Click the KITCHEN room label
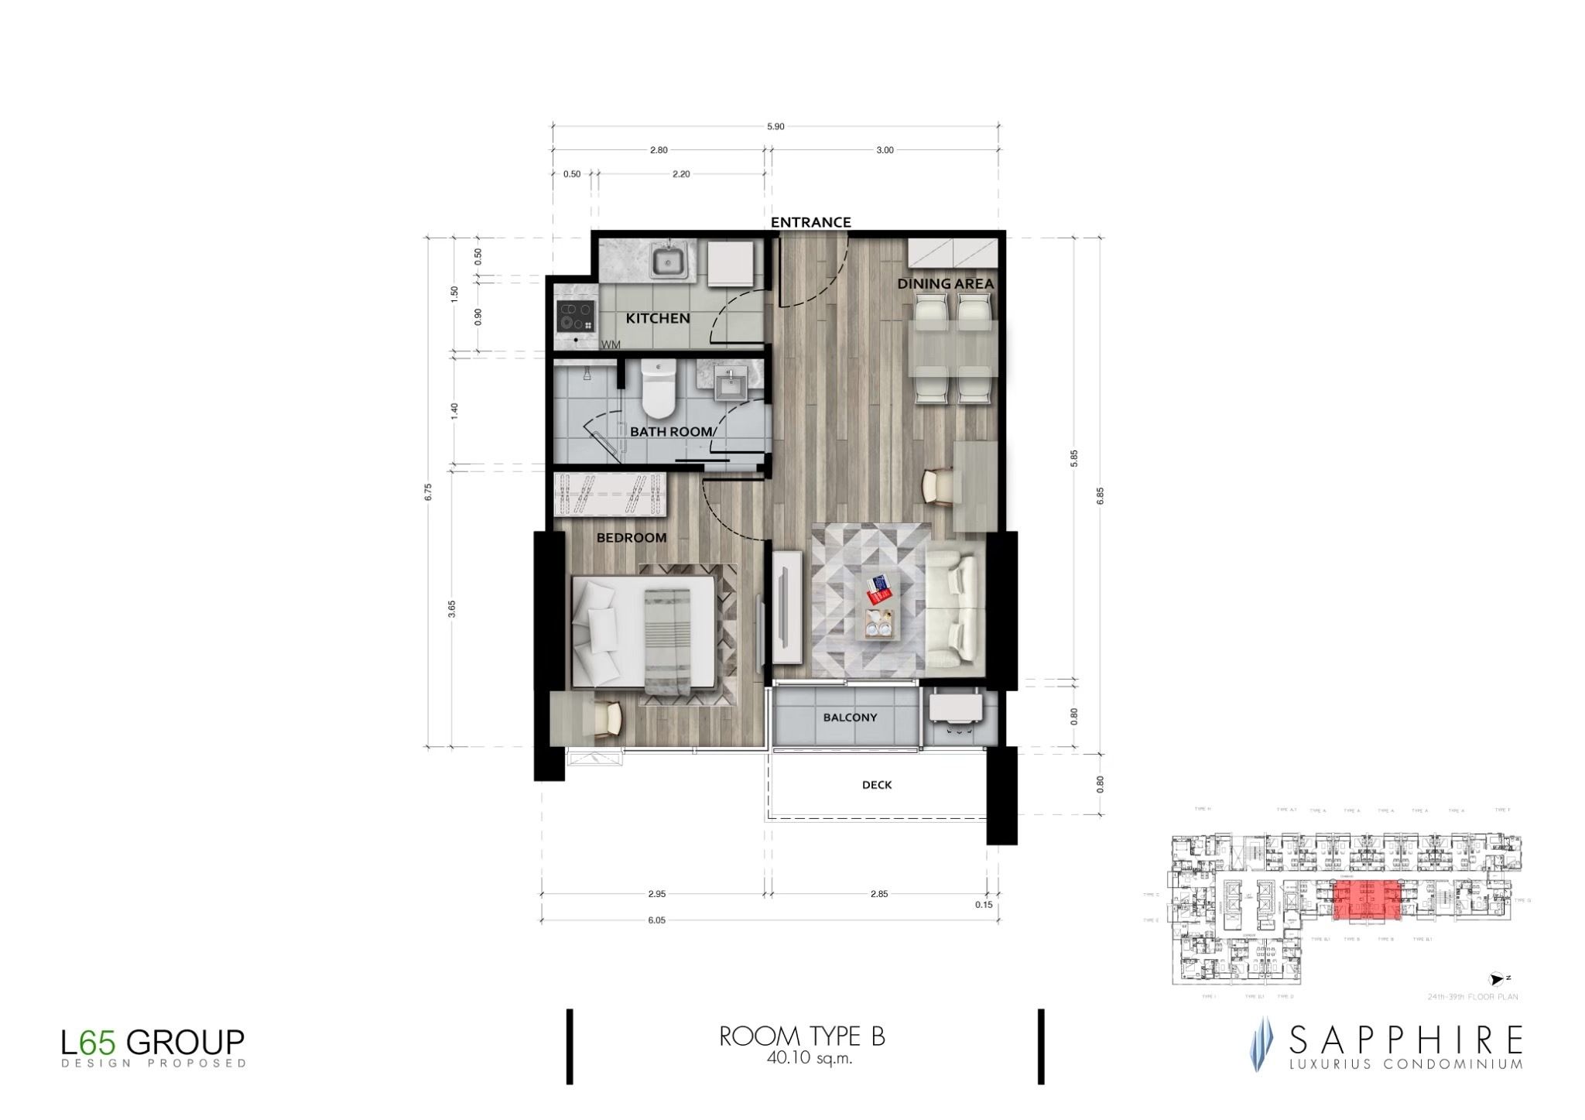(x=657, y=318)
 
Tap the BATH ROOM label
(x=671, y=431)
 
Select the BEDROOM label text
(x=631, y=538)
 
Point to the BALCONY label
(x=850, y=718)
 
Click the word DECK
(x=877, y=785)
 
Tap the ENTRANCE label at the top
(x=810, y=222)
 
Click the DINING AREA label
(x=945, y=284)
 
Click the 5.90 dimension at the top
(x=775, y=126)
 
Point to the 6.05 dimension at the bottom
(x=656, y=920)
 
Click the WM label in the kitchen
(x=611, y=344)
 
